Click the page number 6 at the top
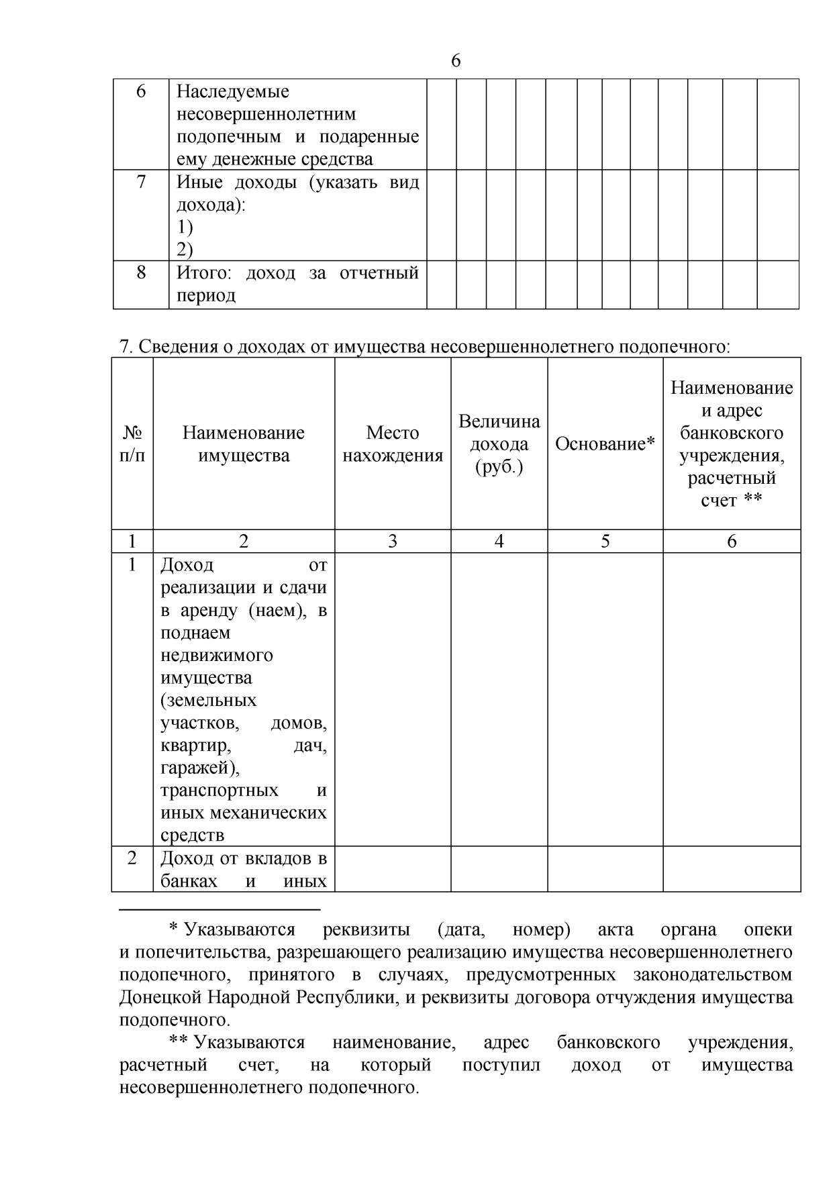click(456, 61)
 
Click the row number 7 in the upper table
click(141, 182)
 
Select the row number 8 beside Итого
click(141, 272)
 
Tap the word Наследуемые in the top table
click(232, 91)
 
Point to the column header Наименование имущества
click(244, 444)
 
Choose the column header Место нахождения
click(393, 444)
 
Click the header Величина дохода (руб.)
click(499, 444)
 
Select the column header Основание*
click(605, 444)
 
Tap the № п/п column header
click(132, 444)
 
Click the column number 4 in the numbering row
click(499, 542)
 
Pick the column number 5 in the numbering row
click(605, 542)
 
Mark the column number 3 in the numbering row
click(393, 542)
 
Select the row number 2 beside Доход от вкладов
click(132, 858)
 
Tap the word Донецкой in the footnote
click(160, 997)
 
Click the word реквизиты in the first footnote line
click(366, 929)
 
